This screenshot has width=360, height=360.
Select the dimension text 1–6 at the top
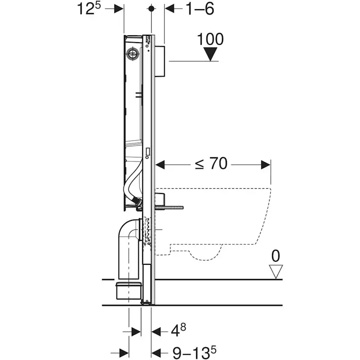[x=200, y=9]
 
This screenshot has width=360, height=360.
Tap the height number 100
[x=210, y=40]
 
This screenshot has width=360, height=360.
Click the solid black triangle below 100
[x=211, y=54]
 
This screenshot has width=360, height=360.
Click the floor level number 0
[x=276, y=256]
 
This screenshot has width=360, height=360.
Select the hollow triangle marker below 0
[x=276, y=271]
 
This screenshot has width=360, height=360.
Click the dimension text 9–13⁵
[x=192, y=351]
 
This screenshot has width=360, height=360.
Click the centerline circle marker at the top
[x=151, y=9]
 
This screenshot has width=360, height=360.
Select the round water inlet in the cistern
[x=132, y=54]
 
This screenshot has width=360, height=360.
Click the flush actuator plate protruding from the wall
[x=160, y=61]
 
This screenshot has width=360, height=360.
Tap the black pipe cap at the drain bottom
[x=129, y=290]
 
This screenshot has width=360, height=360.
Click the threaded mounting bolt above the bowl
[x=172, y=207]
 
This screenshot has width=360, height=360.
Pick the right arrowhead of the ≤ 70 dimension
[x=266, y=165]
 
